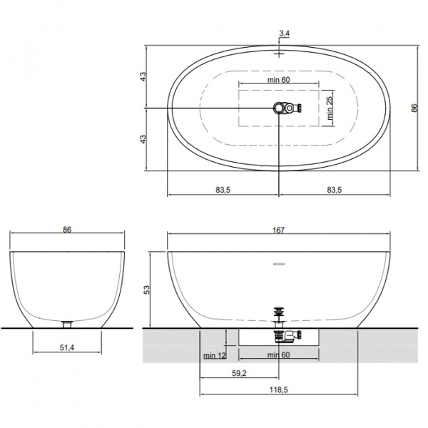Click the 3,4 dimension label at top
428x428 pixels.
click(x=284, y=34)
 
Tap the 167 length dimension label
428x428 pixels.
click(x=278, y=230)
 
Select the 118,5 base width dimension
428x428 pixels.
click(x=279, y=389)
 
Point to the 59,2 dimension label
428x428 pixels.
click(x=239, y=373)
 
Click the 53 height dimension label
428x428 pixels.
click(x=147, y=290)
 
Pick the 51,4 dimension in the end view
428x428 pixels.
click(x=67, y=347)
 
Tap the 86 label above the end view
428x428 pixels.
click(x=67, y=230)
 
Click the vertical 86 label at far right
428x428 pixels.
click(x=414, y=108)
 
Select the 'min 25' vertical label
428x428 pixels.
click(x=330, y=108)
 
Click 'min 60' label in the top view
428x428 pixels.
click(x=278, y=80)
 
